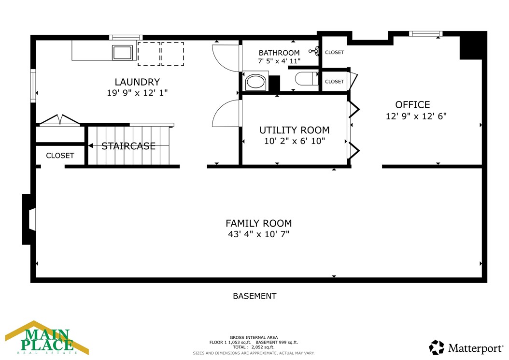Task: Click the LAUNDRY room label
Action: [x=137, y=82]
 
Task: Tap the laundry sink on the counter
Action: [x=122, y=53]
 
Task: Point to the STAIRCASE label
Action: [x=128, y=146]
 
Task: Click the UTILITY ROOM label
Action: [x=295, y=130]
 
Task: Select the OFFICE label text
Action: [x=412, y=105]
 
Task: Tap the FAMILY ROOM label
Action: [x=259, y=223]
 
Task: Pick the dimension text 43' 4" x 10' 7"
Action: [x=259, y=234]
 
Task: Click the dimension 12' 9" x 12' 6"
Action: [x=416, y=116]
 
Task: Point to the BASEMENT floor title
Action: [x=255, y=296]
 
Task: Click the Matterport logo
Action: [x=466, y=348]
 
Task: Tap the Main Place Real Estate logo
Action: [x=47, y=338]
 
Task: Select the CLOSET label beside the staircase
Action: [x=60, y=156]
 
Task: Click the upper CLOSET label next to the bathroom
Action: [x=334, y=52]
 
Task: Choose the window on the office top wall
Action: [x=425, y=33]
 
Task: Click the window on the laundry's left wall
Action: [x=33, y=86]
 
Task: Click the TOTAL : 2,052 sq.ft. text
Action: [x=254, y=347]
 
